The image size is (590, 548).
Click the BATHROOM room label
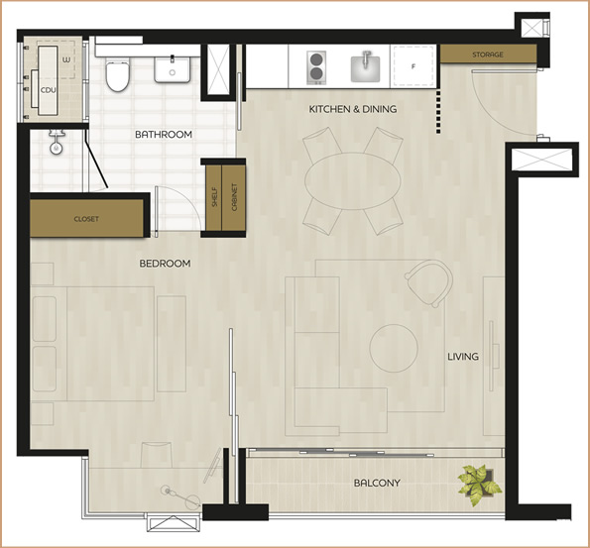[164, 134]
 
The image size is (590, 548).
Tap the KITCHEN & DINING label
[353, 109]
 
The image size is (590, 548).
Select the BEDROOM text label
[165, 264]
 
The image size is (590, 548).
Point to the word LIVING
[463, 356]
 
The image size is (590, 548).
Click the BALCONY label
[377, 483]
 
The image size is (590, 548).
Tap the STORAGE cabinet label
[488, 55]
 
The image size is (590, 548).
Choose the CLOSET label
[86, 219]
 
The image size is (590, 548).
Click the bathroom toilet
[117, 74]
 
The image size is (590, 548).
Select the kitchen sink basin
[365, 67]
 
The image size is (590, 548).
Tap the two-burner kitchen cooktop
[316, 67]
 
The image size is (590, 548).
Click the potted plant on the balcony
[479, 485]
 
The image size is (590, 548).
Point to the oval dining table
[353, 181]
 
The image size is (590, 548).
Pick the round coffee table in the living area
[394, 348]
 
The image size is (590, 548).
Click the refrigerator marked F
[413, 66]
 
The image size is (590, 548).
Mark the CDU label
[48, 90]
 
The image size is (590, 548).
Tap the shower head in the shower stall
[57, 143]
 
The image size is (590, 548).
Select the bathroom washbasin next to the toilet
[173, 69]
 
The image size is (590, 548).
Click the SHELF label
[214, 197]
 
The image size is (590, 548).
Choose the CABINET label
[234, 197]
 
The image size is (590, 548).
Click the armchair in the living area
[429, 283]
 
